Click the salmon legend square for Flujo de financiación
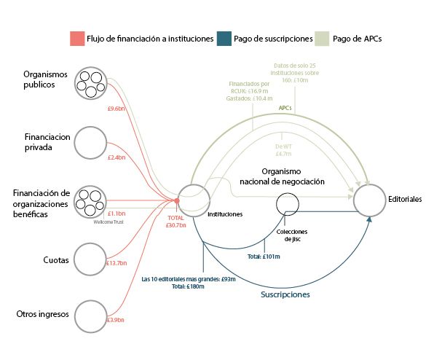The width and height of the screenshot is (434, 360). click(x=76, y=39)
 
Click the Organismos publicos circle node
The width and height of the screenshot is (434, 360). click(x=91, y=84)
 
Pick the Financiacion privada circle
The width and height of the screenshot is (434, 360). click(x=91, y=142)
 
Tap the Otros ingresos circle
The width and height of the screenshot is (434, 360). click(x=91, y=314)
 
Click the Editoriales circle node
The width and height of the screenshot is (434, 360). click(x=370, y=200)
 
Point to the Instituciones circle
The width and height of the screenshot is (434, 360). click(x=194, y=200)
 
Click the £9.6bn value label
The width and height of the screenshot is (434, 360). click(x=117, y=109)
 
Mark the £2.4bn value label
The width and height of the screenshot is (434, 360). click(x=117, y=157)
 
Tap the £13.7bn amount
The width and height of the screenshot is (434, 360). click(x=117, y=263)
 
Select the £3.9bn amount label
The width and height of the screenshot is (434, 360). click(x=117, y=320)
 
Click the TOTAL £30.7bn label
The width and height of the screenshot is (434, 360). click(x=175, y=222)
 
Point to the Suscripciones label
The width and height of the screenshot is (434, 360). click(x=285, y=295)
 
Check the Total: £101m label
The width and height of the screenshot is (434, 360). click(x=264, y=257)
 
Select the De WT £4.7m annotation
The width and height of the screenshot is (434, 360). click(x=283, y=150)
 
